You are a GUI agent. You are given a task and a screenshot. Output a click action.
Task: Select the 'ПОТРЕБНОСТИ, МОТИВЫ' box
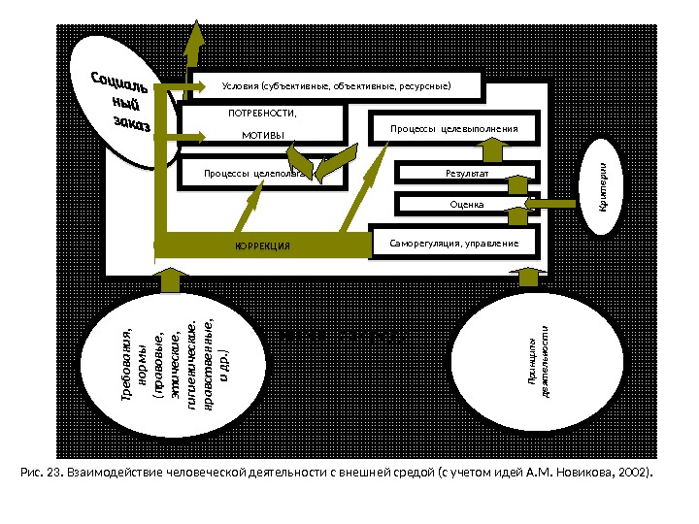click(263, 123)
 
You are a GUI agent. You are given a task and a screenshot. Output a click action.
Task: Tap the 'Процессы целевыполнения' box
click(454, 128)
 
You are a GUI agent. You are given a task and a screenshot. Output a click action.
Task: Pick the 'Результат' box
click(467, 173)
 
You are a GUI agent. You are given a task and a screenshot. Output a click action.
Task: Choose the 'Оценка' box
click(467, 204)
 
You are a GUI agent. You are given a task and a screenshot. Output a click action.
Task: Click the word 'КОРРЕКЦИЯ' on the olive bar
click(263, 246)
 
